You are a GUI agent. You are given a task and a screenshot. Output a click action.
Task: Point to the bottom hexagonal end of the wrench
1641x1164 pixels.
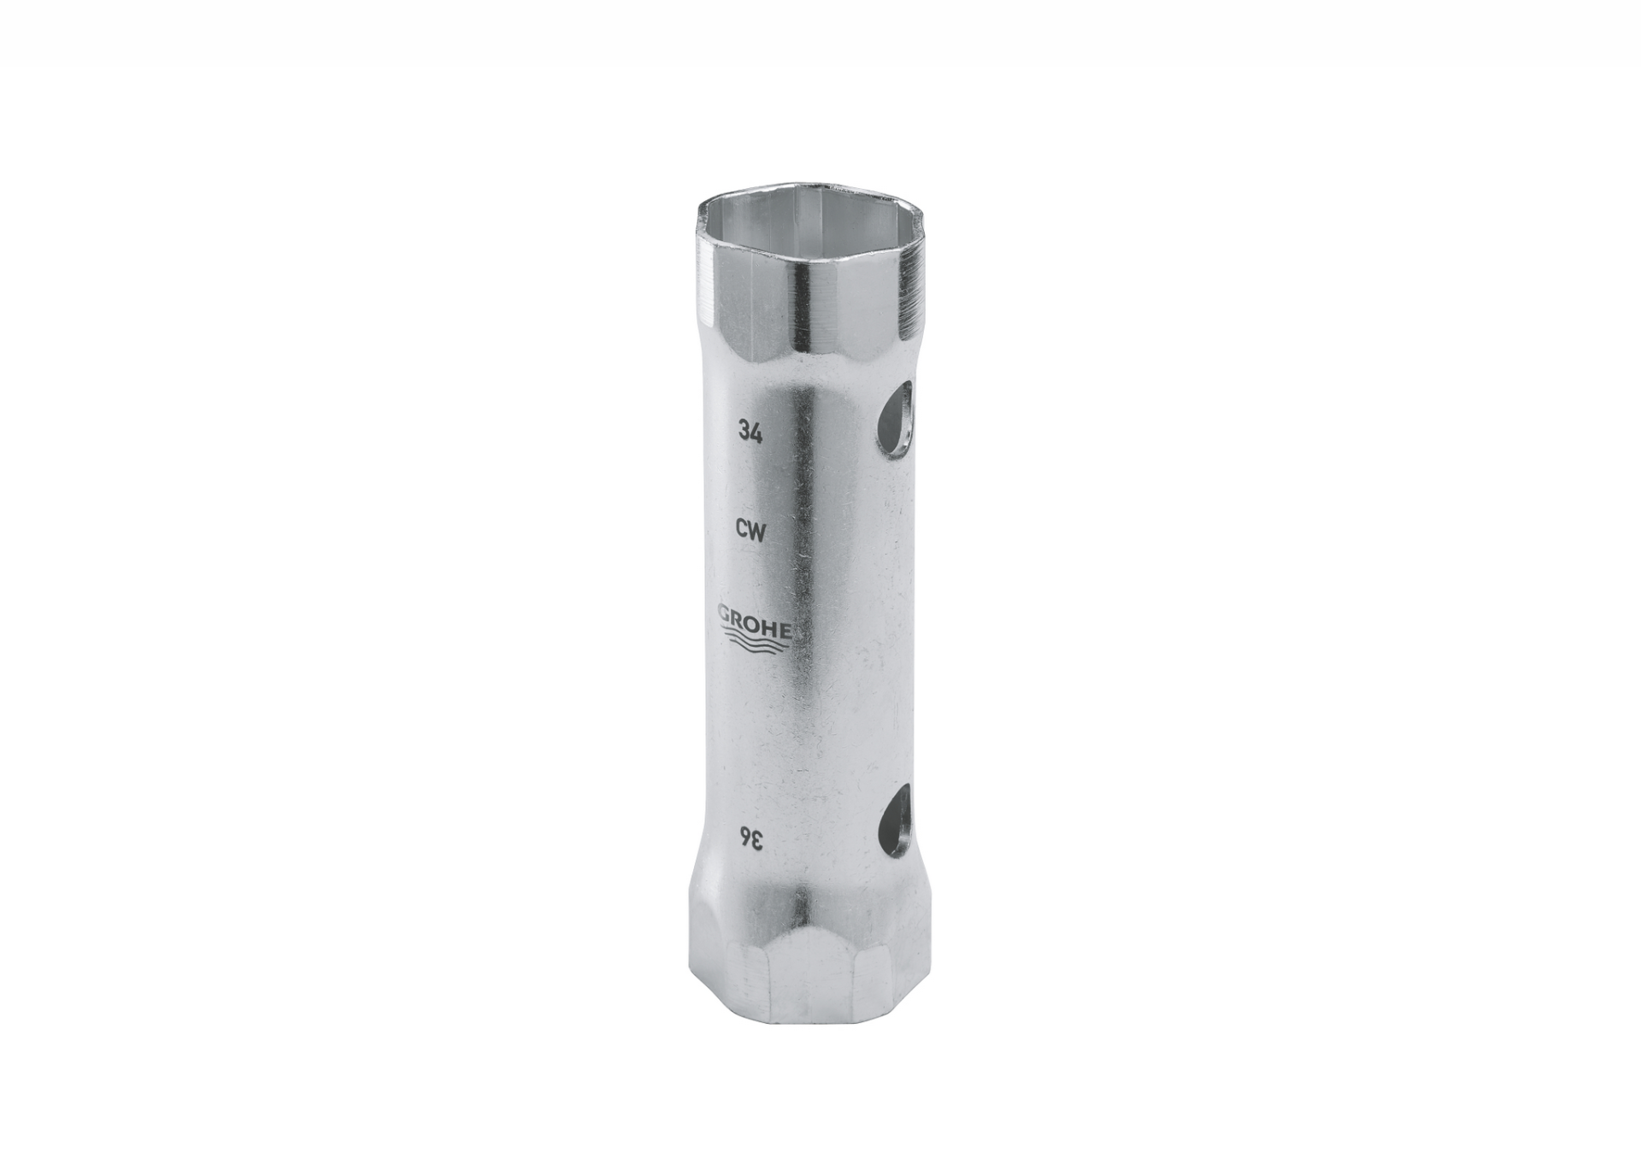[x=808, y=974]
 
